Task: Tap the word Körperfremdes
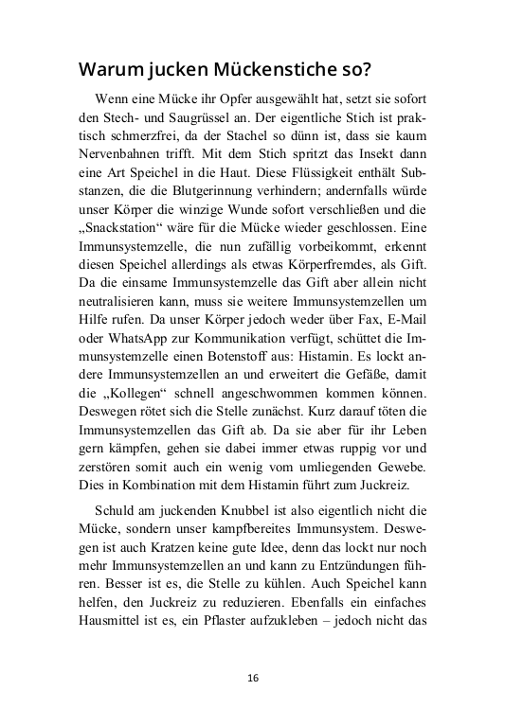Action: (x=342, y=266)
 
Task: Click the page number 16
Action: (x=252, y=678)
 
